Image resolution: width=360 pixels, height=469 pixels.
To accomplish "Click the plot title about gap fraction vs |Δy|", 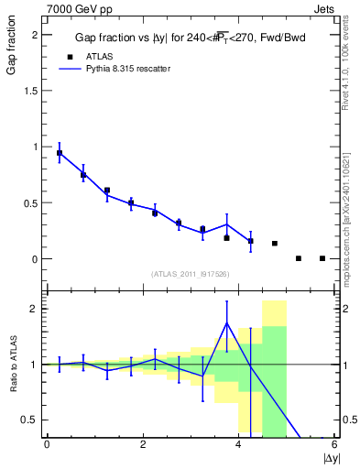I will pos(191,38).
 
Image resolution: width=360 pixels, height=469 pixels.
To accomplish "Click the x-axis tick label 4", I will pos(238,444).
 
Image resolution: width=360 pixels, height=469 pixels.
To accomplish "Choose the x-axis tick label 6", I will pos(334,444).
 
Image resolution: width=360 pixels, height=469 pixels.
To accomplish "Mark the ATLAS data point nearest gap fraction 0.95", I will pos(60,153).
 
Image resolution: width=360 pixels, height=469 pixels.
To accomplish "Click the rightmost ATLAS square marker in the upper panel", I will pos(322,258).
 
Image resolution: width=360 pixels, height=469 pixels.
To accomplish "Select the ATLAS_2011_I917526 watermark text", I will pos(190,274).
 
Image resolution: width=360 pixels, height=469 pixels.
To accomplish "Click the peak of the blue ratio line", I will pos(226,322).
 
